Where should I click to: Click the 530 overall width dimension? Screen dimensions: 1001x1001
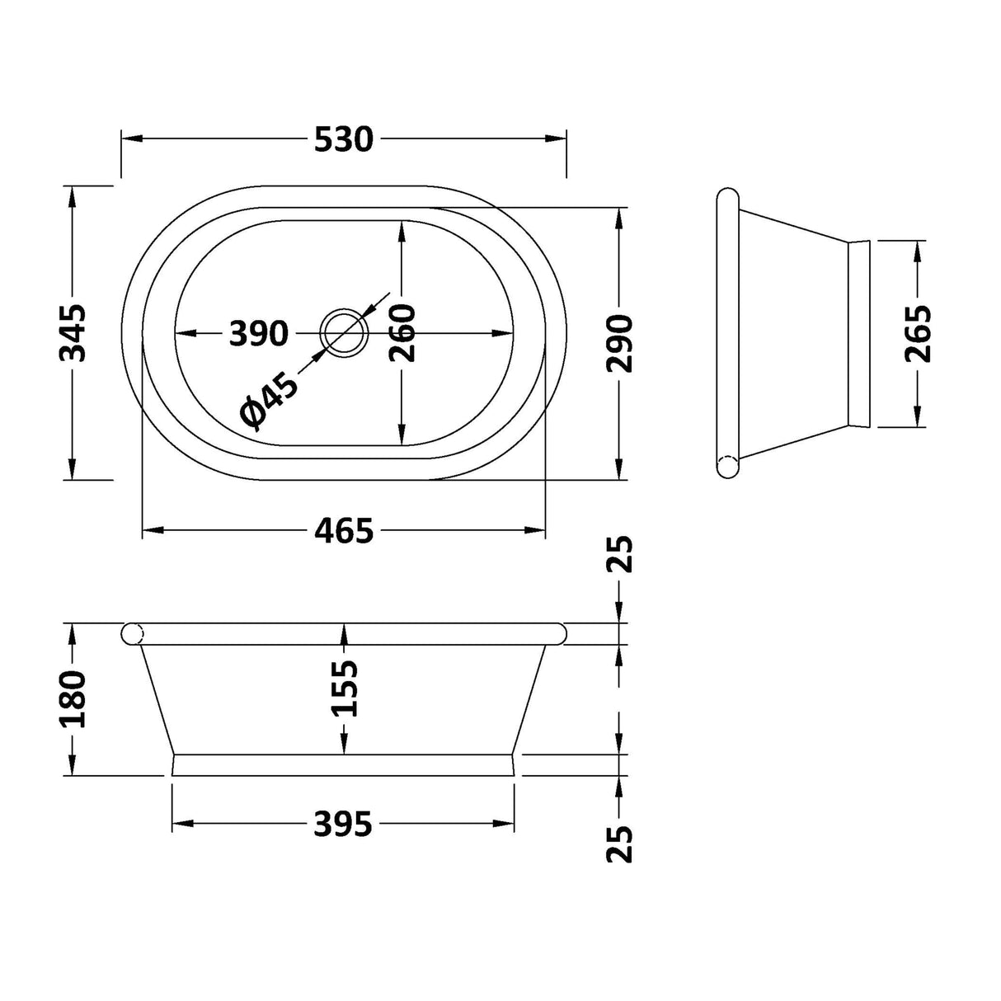pos(343,139)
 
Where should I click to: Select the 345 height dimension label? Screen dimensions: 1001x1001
pos(72,333)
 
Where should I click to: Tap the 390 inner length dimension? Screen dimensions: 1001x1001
pos(258,333)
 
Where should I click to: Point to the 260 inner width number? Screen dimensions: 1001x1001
pos(402,333)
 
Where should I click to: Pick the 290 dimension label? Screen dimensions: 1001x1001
pos(619,343)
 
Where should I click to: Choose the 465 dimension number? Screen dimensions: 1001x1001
pos(343,530)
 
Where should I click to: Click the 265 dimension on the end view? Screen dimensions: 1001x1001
pos(918,333)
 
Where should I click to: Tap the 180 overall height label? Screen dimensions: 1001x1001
pos(72,698)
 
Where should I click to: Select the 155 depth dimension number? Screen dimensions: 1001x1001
pos(344,688)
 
